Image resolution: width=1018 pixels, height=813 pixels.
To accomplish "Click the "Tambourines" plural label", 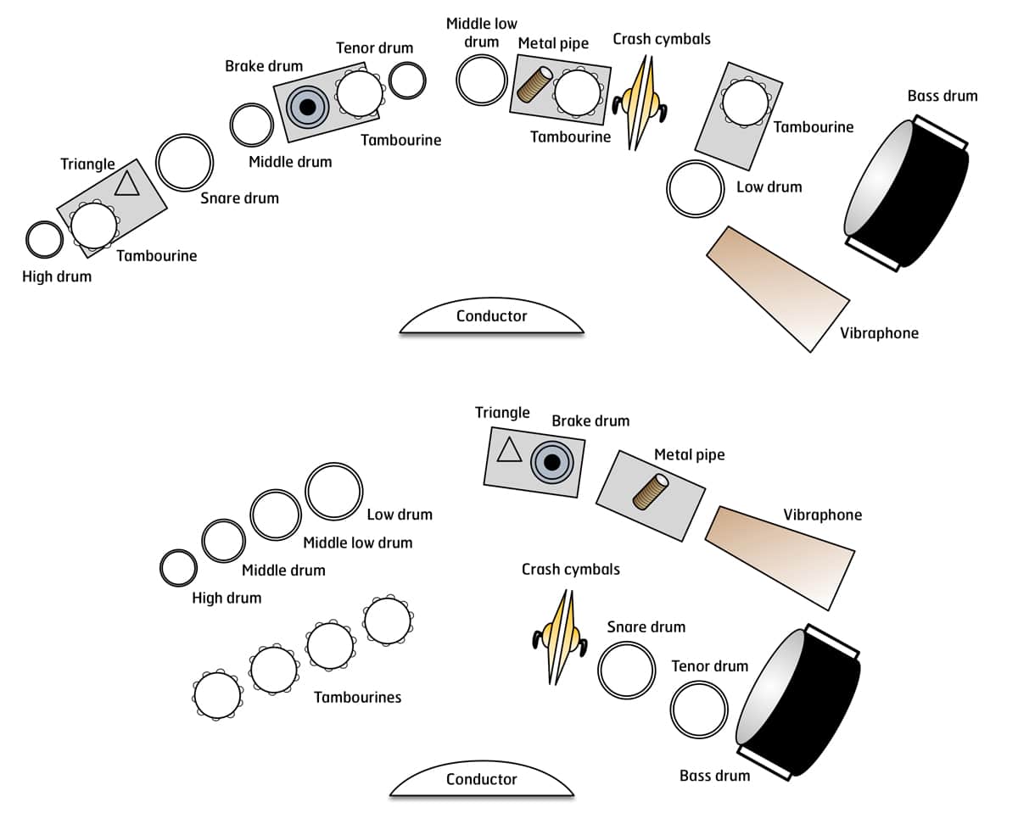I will pyautogui.click(x=357, y=698).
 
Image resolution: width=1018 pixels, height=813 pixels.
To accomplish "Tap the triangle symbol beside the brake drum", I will pyautogui.click(x=509, y=450).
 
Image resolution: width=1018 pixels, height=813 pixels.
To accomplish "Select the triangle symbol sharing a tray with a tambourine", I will pyautogui.click(x=126, y=182).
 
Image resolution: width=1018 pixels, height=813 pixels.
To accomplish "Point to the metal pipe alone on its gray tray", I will pyautogui.click(x=651, y=493).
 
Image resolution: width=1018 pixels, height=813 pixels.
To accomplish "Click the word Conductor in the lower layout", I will pyautogui.click(x=481, y=779).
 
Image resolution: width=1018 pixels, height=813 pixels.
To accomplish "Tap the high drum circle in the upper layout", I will pyautogui.click(x=44, y=240).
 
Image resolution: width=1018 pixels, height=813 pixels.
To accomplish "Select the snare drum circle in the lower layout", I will pyautogui.click(x=627, y=670).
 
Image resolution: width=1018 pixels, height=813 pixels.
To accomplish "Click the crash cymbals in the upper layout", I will pyautogui.click(x=640, y=102).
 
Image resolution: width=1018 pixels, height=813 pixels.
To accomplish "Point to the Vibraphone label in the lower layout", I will pyautogui.click(x=822, y=515).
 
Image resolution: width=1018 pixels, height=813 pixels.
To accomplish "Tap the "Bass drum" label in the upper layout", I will pyautogui.click(x=942, y=96).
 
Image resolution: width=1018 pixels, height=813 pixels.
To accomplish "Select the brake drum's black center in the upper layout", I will pyautogui.click(x=307, y=106).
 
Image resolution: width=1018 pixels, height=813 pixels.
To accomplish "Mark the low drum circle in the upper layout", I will pyautogui.click(x=695, y=188).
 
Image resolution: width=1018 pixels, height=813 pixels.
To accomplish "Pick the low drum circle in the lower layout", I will pyautogui.click(x=334, y=492).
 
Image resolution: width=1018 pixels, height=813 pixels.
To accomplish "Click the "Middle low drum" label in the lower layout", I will pyautogui.click(x=357, y=543).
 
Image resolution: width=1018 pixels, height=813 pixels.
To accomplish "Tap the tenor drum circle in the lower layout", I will pyautogui.click(x=699, y=708).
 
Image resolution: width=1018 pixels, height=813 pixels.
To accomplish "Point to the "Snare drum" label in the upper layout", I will pyautogui.click(x=239, y=198).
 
